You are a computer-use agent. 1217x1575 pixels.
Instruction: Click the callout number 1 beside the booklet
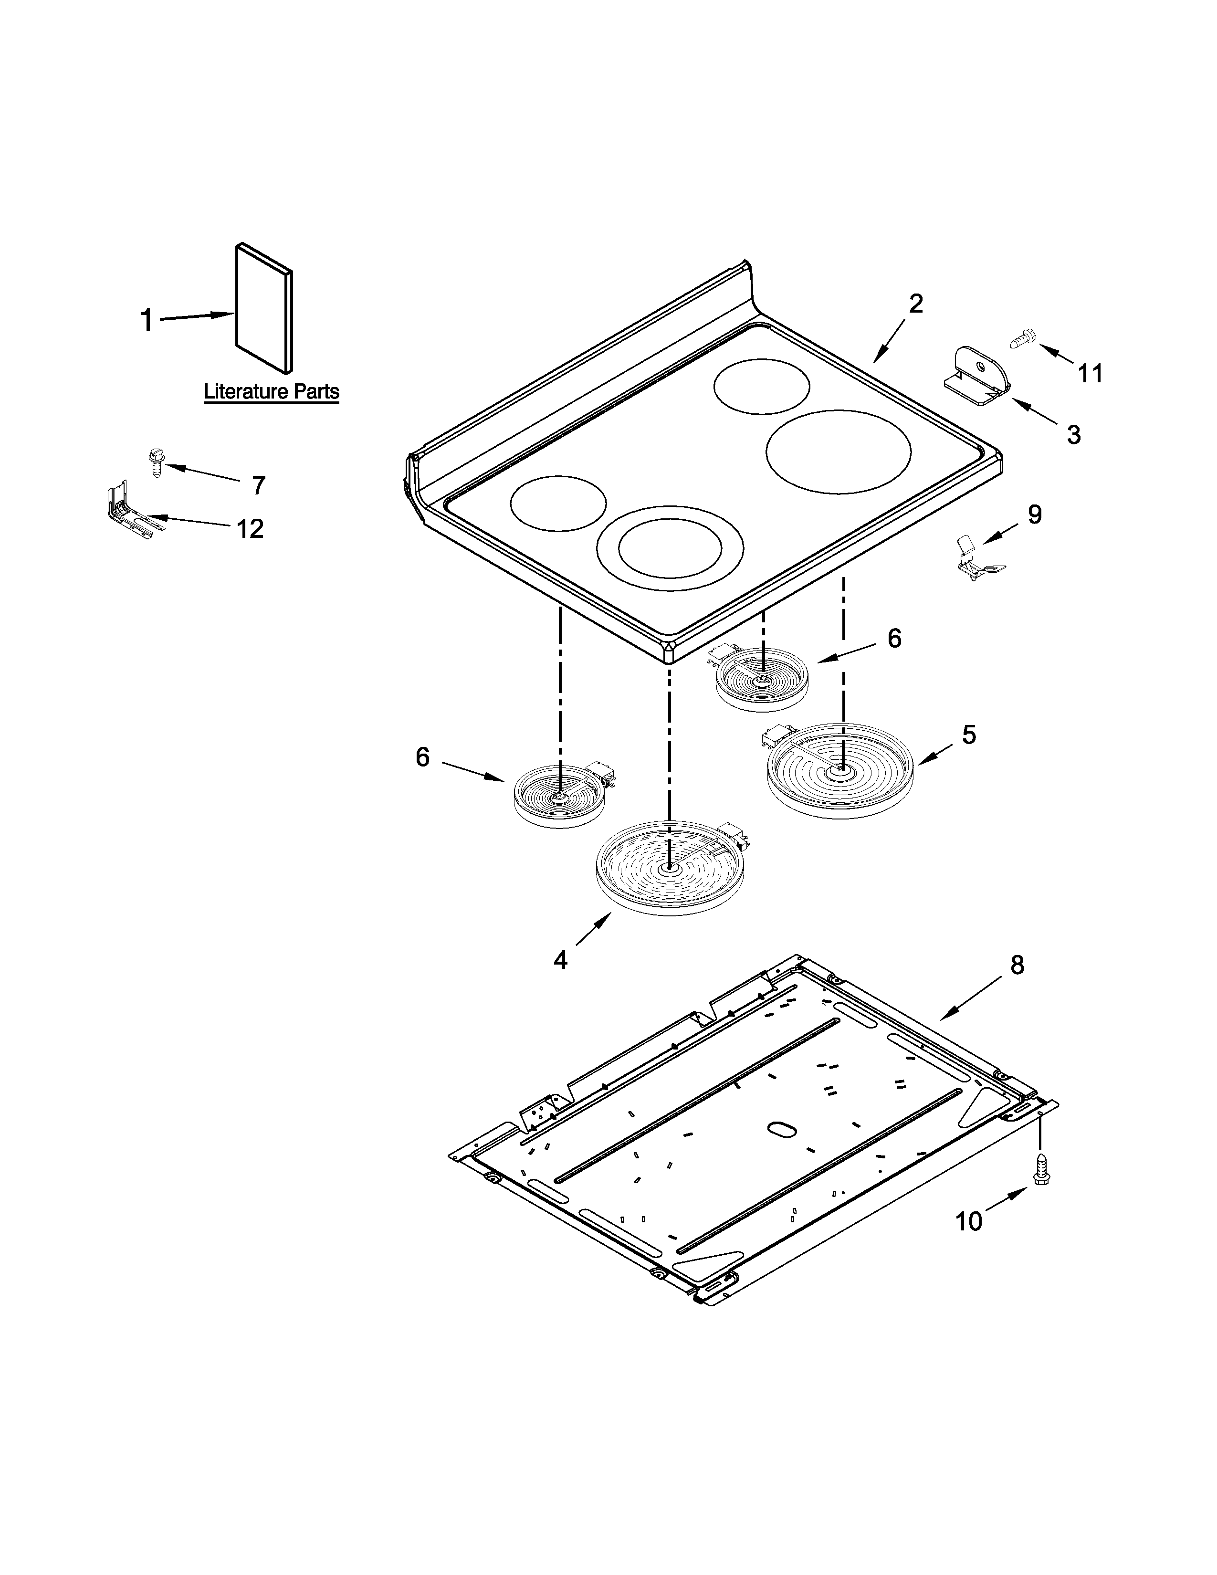(147, 320)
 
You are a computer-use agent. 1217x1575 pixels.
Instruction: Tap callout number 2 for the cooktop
(916, 304)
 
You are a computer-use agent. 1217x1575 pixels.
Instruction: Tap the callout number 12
(250, 529)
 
